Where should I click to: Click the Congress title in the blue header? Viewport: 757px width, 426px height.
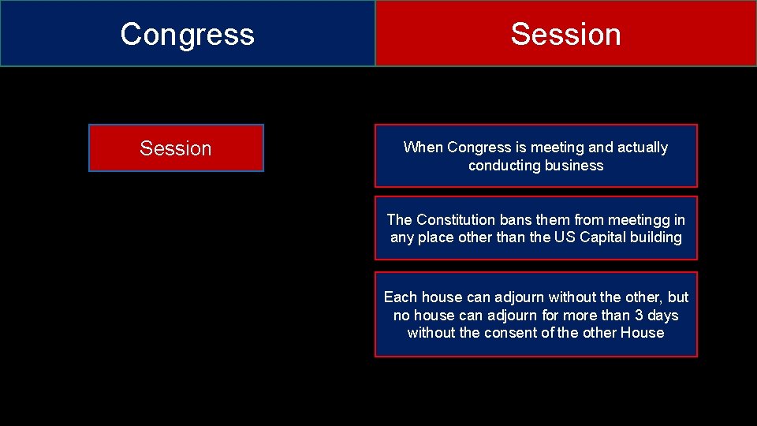point(188,34)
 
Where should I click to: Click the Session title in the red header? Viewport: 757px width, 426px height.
point(565,34)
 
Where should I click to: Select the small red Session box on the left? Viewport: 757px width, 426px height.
point(176,148)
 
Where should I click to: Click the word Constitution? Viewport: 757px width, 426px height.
point(456,220)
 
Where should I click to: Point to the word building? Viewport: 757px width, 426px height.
point(658,237)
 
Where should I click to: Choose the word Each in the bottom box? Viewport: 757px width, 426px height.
point(401,297)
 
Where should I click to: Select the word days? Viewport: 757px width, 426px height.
point(662,316)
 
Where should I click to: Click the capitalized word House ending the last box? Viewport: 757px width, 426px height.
point(642,333)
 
